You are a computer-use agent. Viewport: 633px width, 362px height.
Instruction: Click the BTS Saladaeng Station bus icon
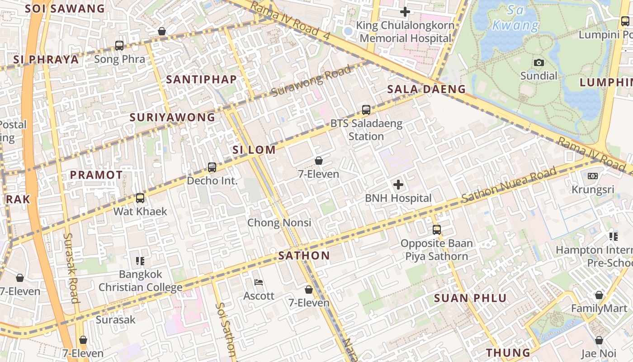(x=366, y=110)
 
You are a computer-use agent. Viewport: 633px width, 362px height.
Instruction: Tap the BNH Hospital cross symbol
(x=398, y=185)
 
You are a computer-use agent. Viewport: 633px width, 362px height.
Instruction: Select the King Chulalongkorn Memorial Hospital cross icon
(x=405, y=12)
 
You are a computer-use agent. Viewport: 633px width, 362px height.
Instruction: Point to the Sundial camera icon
(x=539, y=62)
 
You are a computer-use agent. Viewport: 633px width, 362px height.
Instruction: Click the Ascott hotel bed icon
(x=259, y=282)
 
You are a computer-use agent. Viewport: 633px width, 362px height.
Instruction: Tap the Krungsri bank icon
(x=592, y=176)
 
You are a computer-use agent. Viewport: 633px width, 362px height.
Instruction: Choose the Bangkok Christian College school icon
(x=140, y=261)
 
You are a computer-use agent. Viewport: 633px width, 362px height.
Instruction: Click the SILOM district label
(x=254, y=150)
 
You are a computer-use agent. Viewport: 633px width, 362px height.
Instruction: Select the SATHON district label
(x=304, y=256)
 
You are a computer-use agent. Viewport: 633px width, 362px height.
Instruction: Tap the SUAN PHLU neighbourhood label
(x=471, y=298)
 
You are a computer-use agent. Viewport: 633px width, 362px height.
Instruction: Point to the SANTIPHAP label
(x=201, y=80)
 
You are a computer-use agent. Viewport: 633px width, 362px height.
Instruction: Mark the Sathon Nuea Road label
(x=509, y=186)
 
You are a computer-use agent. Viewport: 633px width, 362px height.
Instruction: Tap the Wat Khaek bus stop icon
(x=140, y=198)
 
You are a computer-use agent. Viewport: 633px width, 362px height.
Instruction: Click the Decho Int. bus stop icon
(x=212, y=167)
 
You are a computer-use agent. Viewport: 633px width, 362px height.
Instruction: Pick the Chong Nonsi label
(x=279, y=223)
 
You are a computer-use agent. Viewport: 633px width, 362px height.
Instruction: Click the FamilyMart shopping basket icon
(x=599, y=295)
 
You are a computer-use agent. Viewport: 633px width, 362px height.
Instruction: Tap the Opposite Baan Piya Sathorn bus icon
(x=437, y=229)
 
